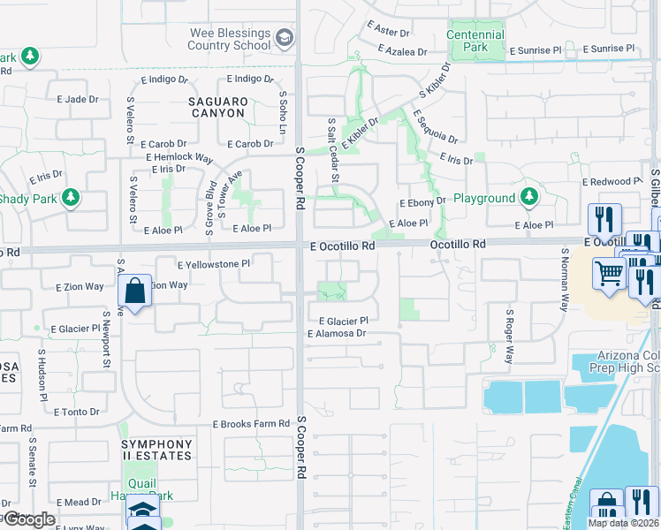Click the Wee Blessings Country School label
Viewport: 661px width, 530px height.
click(230, 39)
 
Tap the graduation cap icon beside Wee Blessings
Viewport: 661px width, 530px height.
click(285, 39)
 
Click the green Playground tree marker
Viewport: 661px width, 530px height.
click(528, 197)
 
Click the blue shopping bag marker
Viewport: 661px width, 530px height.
click(133, 291)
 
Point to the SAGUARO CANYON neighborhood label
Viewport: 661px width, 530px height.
click(217, 108)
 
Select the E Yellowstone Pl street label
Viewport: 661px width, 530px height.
click(214, 264)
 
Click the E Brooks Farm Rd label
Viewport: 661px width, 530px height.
click(251, 424)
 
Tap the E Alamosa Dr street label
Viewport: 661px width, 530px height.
click(336, 334)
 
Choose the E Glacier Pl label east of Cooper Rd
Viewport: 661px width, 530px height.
click(342, 322)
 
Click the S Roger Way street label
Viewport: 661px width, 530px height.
click(509, 337)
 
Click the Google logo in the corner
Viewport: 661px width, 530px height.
click(29, 519)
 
